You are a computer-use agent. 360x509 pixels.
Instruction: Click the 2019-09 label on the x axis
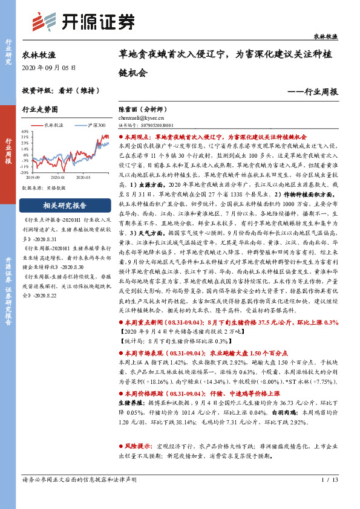[x=34, y=177]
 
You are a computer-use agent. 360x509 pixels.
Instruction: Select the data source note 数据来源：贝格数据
[x=44, y=188]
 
